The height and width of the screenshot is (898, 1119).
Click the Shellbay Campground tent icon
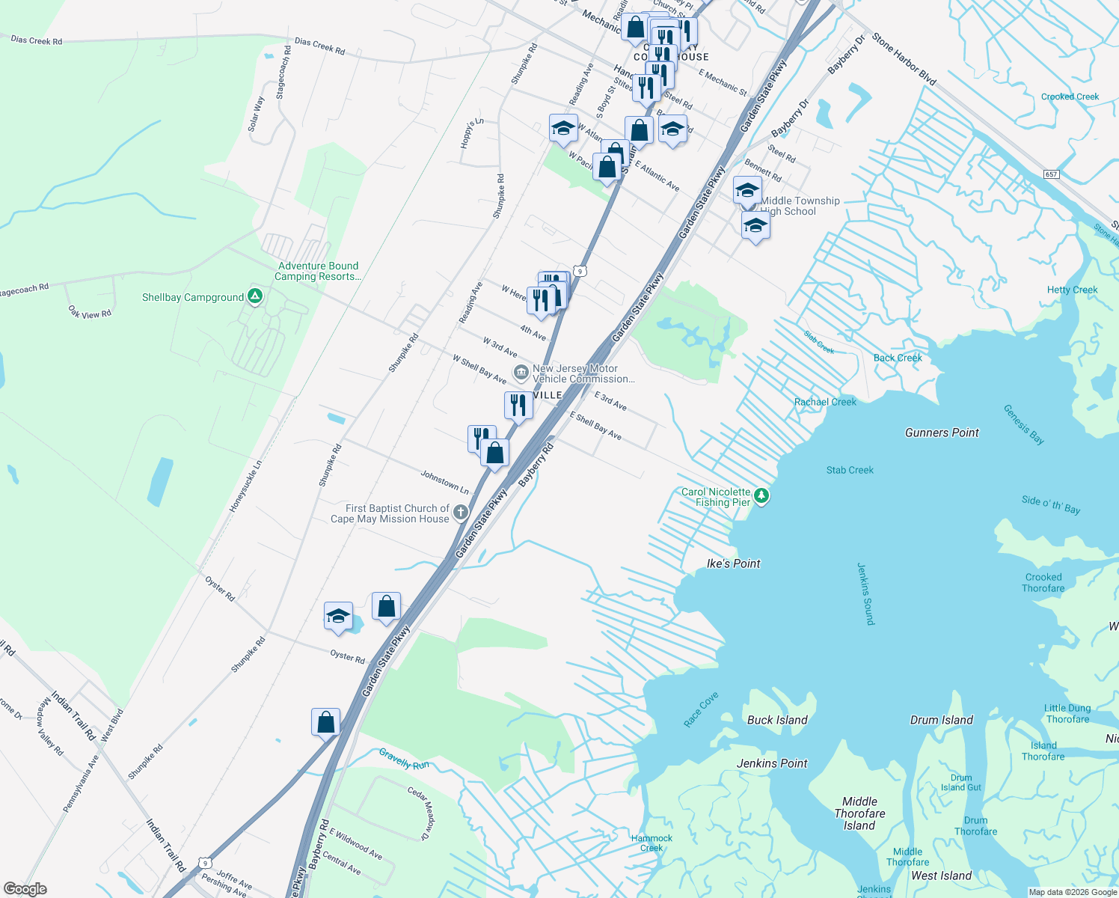point(255,297)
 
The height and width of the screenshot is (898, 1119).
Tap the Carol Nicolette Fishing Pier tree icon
point(761,496)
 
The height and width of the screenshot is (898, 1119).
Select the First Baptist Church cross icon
point(460,513)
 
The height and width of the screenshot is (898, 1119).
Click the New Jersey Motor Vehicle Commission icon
point(521,373)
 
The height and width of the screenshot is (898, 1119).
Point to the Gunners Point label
point(942,433)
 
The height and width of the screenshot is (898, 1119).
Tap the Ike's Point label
point(733,563)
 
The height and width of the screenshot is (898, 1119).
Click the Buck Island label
point(777,720)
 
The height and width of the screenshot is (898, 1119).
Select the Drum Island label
point(941,720)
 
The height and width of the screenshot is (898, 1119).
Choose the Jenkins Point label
point(772,763)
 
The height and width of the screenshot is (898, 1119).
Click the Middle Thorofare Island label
point(859,813)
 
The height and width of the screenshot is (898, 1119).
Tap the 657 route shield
point(1052,174)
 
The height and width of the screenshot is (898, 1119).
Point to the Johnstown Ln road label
point(444,482)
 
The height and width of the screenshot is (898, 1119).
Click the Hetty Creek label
point(1072,290)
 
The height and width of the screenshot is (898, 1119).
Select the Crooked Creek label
point(1070,97)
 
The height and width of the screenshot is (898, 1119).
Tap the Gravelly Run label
point(404,759)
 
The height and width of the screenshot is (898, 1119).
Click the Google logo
point(25,888)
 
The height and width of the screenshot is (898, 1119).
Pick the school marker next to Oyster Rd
point(338,617)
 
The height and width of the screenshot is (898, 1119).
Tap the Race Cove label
point(701,709)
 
